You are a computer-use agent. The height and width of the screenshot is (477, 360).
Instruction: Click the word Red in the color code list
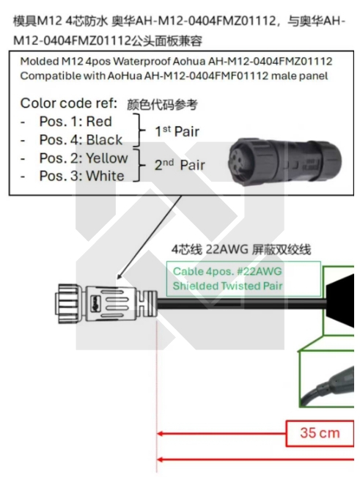pos(99,122)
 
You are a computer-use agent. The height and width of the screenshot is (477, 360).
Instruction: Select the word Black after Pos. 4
pos(104,140)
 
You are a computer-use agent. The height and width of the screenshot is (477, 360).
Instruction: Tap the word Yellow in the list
pos(107,158)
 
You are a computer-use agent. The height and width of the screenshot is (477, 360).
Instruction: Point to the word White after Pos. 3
pos(106,176)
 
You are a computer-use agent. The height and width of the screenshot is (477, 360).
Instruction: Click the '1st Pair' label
pos(177,131)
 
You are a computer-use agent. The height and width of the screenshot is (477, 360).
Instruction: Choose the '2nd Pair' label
pos(180,165)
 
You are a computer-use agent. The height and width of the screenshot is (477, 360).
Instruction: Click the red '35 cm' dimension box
pos(320,433)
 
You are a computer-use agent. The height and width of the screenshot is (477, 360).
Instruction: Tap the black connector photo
pos(284,161)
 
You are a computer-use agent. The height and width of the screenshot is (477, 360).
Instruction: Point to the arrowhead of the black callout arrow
pos(119,276)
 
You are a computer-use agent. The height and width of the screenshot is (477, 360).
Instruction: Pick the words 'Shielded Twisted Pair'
pos(227,286)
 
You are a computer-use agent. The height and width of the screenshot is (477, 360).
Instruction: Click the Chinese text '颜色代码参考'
pos(162,105)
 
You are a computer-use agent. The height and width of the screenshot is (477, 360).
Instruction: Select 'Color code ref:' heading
pos(69,103)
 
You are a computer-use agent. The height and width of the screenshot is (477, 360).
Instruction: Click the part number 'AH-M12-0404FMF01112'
pos(206,75)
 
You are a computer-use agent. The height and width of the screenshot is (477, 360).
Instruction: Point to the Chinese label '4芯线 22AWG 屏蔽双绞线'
pos(241,250)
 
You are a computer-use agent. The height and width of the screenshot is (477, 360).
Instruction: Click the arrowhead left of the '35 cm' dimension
pos(160,433)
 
